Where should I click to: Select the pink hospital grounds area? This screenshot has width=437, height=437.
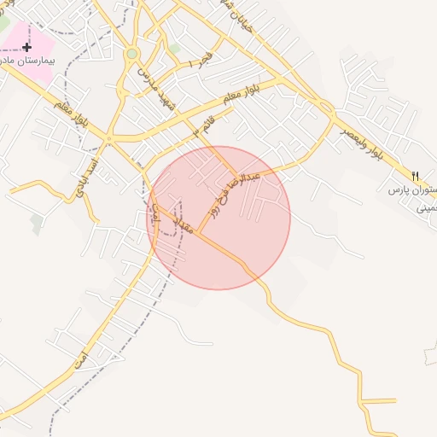43,43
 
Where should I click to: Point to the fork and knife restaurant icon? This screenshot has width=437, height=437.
416,175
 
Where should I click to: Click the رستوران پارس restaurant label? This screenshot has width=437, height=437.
413,189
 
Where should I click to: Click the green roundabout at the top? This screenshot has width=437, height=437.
131,54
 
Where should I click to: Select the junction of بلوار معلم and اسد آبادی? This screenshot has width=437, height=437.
108,138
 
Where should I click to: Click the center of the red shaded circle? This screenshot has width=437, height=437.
219,218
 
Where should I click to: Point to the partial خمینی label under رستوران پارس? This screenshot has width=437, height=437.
427,207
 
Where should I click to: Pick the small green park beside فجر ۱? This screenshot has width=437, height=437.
175,49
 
